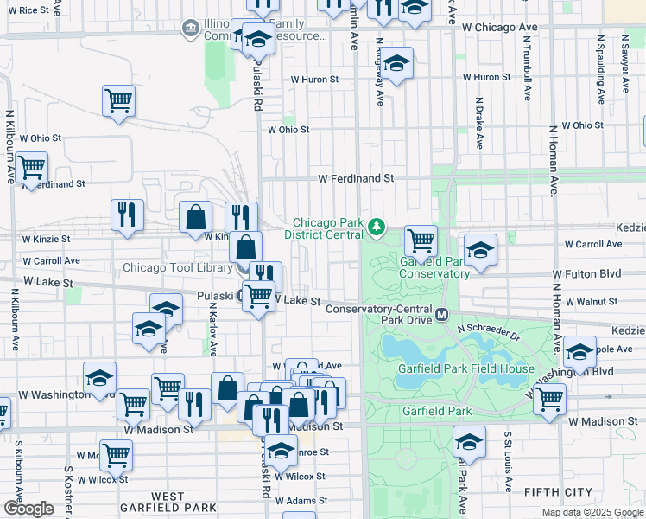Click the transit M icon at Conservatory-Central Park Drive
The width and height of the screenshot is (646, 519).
tap(441, 314)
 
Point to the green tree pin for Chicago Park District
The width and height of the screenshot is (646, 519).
tap(376, 227)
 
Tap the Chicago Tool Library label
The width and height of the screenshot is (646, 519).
tap(177, 267)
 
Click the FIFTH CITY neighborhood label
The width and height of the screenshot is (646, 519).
tap(558, 492)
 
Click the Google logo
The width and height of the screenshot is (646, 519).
tap(28, 508)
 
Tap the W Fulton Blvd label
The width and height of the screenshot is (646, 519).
tap(586, 273)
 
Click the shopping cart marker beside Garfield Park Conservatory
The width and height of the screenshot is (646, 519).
tap(421, 240)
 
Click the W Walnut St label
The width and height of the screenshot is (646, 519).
tap(587, 302)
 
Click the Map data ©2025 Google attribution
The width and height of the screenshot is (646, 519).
tap(592, 512)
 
